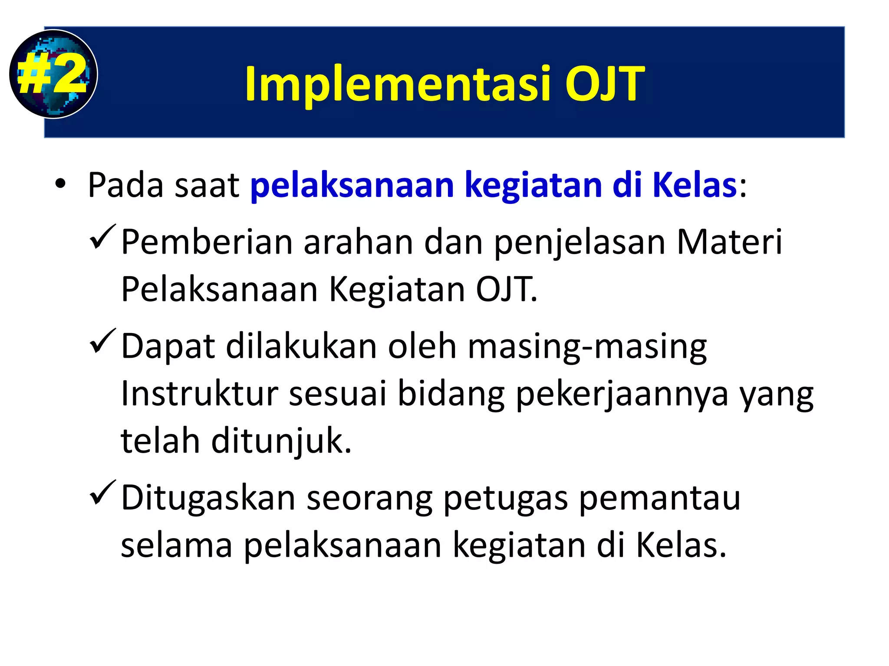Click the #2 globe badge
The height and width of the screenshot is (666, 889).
[x=53, y=74]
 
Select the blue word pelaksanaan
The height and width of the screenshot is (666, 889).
[x=352, y=185]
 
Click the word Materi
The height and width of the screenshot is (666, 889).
[x=729, y=242]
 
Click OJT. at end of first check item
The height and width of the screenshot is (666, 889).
[x=506, y=290]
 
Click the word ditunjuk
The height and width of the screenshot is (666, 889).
[x=281, y=441]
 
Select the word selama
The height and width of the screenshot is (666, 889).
[x=176, y=545]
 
